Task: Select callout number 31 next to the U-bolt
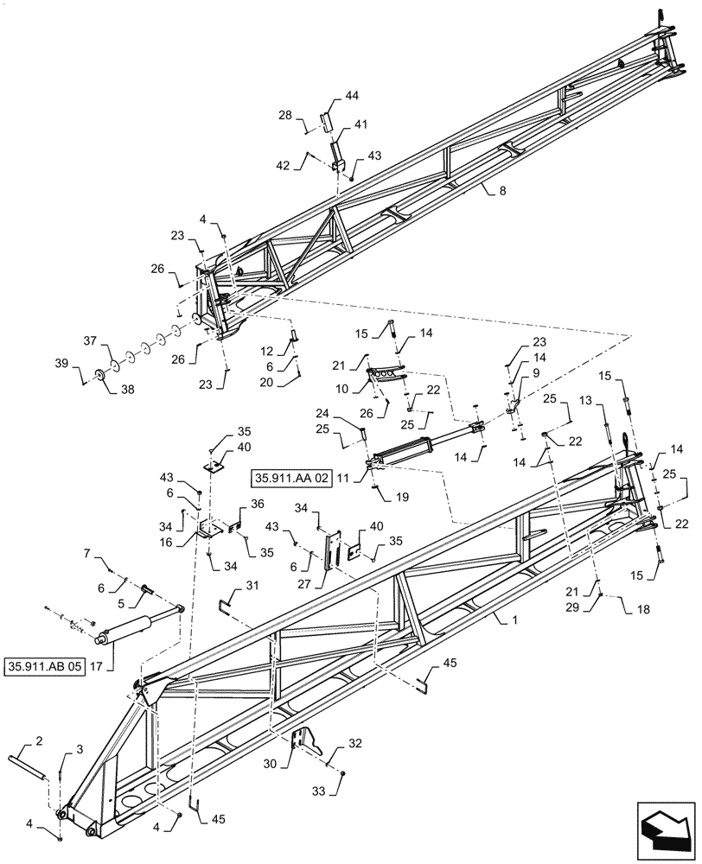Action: [252, 586]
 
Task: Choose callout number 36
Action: [257, 504]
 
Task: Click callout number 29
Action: [597, 608]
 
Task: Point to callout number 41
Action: [359, 125]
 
